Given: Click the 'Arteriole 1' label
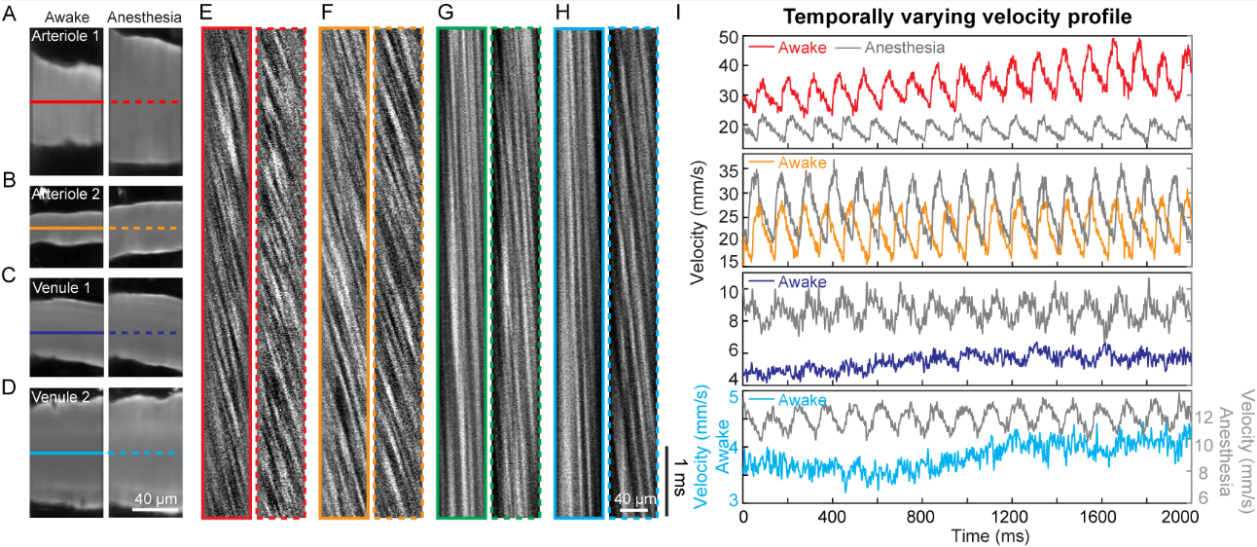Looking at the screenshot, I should click(65, 36).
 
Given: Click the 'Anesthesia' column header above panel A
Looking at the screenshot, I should click(143, 17).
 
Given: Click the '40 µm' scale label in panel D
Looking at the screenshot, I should click(154, 499).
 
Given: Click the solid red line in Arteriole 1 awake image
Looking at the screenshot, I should click(65, 101).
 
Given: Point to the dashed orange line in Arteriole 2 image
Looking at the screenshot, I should click(144, 228).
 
